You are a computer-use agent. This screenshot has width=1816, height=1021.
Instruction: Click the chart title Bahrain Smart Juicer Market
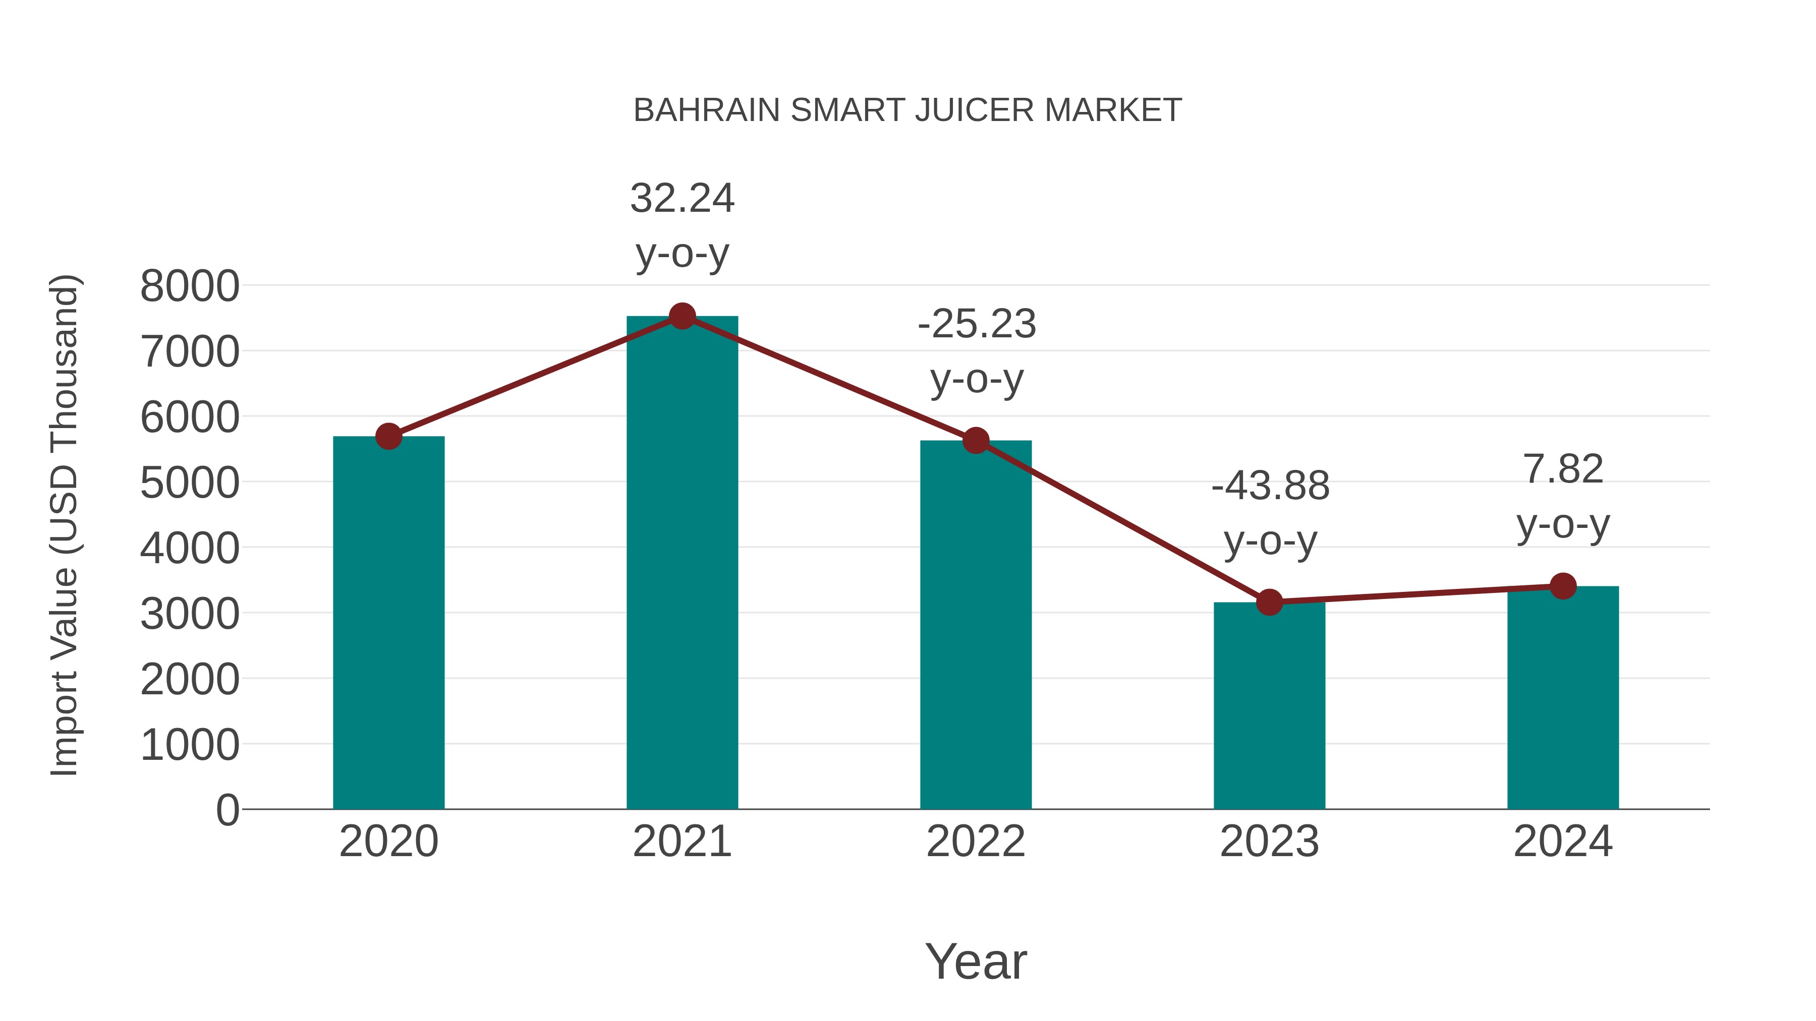coord(907,110)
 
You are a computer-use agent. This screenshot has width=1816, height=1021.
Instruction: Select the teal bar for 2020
coord(388,624)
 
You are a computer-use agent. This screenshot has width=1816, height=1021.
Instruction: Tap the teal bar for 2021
coord(682,564)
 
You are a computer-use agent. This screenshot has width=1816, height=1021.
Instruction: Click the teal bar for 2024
coord(1563,698)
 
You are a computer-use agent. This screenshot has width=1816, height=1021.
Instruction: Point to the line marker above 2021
coord(682,316)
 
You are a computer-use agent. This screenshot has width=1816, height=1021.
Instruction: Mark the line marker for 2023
coord(1269,603)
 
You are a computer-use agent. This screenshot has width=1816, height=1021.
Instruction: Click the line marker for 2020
coord(388,436)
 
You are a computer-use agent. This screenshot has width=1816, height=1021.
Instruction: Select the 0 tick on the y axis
coord(227,810)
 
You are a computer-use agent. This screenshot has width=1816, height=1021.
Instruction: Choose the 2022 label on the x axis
coord(976,842)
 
